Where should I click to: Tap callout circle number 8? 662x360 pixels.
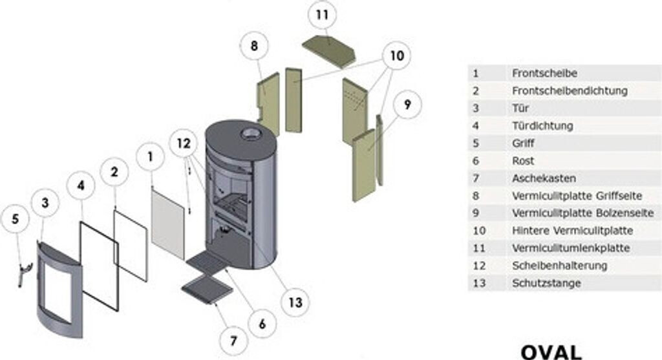pos(254,47)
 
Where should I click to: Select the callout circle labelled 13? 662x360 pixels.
pos(295,301)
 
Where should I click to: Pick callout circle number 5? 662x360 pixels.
pos(16,218)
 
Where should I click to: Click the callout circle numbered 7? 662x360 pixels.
pos(233,341)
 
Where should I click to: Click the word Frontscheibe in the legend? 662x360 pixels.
pos(544,73)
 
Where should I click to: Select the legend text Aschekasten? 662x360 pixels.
pos(544,178)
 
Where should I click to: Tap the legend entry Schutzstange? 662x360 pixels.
pos(546,283)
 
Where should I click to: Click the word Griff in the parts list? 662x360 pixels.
pos(523,143)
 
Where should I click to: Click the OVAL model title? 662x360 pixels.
pos(551,351)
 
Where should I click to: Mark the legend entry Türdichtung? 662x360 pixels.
pos(542,125)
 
